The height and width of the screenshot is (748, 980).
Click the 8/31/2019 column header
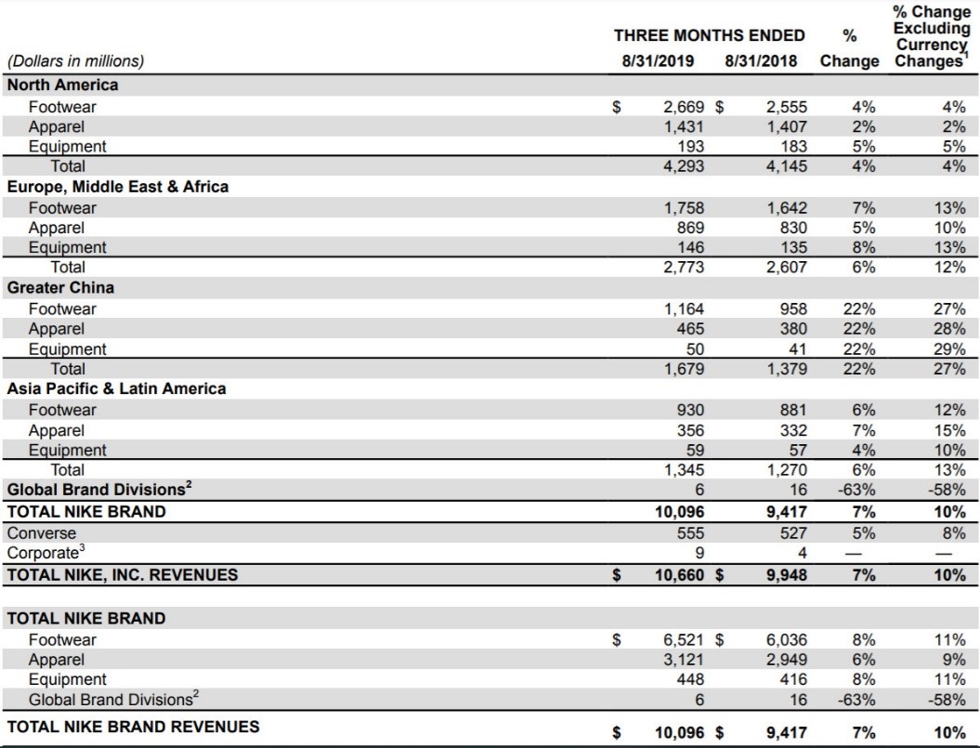[658, 60]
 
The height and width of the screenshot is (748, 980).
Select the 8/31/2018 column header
[762, 60]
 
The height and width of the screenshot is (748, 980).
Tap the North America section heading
[62, 85]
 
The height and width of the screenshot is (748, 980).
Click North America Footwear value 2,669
[683, 107]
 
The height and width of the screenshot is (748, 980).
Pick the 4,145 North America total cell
[786, 166]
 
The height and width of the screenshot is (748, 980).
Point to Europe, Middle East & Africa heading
[117, 187]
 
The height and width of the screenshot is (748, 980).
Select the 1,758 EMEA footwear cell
[683, 207]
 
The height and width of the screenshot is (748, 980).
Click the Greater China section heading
[60, 288]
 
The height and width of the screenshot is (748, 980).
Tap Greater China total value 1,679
[683, 369]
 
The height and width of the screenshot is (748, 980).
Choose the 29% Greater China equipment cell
[949, 349]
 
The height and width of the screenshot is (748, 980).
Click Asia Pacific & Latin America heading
[116, 388]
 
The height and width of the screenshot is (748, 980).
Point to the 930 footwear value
[690, 411]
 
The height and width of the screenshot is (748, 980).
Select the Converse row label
[41, 533]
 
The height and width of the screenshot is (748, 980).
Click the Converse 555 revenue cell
[690, 533]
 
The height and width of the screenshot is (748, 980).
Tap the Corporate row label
[46, 553]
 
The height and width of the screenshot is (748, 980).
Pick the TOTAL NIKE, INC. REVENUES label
[123, 575]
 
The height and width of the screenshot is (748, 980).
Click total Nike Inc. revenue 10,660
[679, 575]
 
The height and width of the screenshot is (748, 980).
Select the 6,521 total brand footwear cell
[683, 640]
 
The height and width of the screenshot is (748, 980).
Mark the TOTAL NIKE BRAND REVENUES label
[133, 727]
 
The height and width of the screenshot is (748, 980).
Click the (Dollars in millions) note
[75, 61]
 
